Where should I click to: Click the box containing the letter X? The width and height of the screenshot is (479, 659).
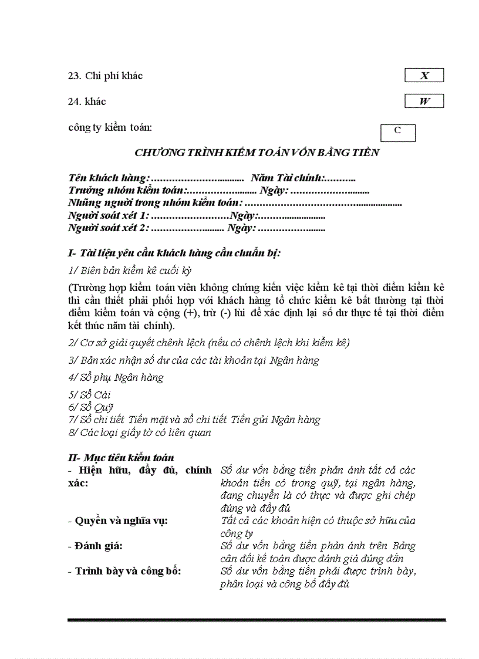click(x=424, y=76)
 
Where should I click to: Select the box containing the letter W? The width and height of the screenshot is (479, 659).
click(x=424, y=102)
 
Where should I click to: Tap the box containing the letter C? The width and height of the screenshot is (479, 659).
click(x=397, y=132)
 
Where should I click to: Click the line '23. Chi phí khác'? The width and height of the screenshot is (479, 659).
click(x=105, y=76)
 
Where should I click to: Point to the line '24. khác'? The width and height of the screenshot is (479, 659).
click(x=87, y=102)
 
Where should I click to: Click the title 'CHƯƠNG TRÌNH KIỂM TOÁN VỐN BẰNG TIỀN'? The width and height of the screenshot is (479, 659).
click(x=257, y=153)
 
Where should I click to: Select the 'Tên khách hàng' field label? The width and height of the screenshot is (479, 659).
click(x=109, y=178)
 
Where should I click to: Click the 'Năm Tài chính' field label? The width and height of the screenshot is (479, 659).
click(x=287, y=178)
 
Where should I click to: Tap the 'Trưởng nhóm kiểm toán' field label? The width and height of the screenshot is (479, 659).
click(x=126, y=190)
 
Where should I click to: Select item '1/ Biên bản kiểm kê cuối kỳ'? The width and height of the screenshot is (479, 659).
click(x=130, y=271)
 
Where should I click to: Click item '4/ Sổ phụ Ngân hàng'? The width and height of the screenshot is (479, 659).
click(x=116, y=377)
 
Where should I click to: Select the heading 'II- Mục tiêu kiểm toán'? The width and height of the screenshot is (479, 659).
click(x=121, y=457)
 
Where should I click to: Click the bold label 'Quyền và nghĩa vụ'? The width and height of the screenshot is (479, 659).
click(x=120, y=521)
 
